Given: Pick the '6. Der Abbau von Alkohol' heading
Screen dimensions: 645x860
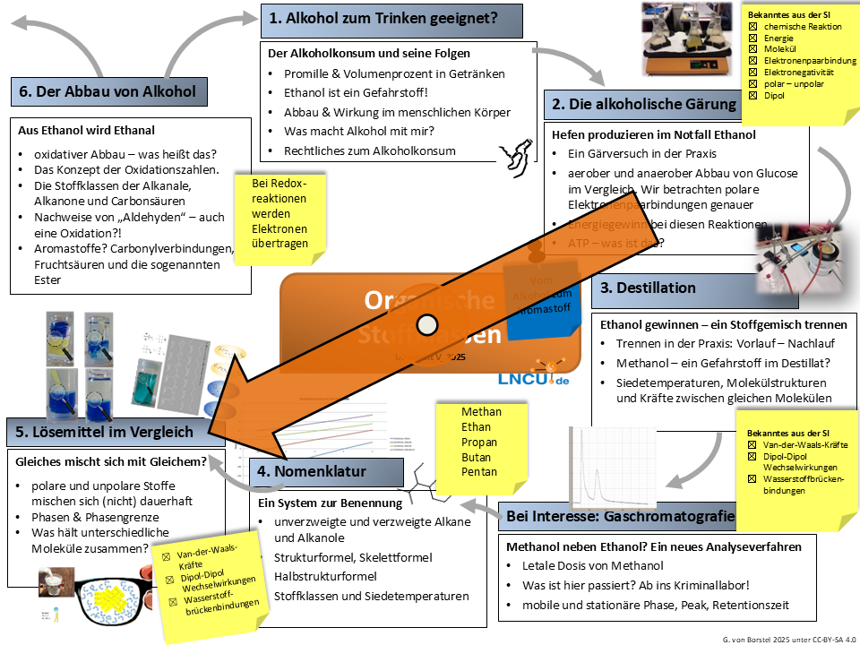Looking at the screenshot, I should [x=106, y=91].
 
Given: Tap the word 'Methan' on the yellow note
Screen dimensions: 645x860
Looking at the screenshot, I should [x=481, y=412].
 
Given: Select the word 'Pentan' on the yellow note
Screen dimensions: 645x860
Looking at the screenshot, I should [x=479, y=472].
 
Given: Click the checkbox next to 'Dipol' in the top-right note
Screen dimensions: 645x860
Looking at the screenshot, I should [x=753, y=95].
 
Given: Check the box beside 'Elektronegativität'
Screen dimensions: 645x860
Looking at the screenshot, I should [x=753, y=73].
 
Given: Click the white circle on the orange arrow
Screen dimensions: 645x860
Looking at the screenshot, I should [x=426, y=323].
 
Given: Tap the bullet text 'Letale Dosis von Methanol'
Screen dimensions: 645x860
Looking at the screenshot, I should [x=592, y=565].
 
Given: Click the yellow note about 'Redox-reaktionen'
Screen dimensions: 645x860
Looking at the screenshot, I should [x=279, y=214].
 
